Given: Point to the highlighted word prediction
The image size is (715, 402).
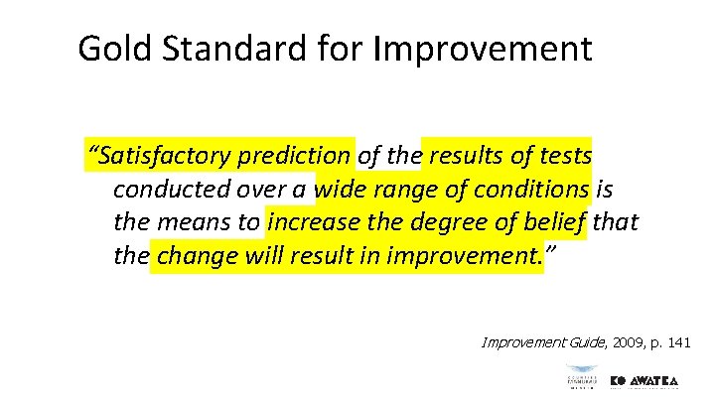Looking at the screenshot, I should pyautogui.click(x=294, y=156).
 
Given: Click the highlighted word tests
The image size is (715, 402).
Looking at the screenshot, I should pyautogui.click(x=563, y=156).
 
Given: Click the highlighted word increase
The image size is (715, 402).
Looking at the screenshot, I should pyautogui.click(x=316, y=223).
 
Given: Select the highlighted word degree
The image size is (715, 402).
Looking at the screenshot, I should pyautogui.click(x=449, y=223).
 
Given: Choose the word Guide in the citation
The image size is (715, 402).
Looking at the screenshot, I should pyautogui.click(x=568, y=343).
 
